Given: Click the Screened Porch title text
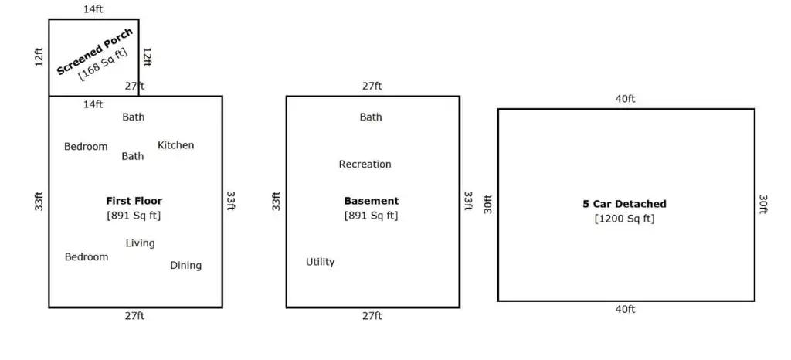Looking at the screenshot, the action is (x=95, y=52).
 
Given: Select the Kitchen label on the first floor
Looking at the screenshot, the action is (x=175, y=145).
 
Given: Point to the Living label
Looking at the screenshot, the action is (x=141, y=243).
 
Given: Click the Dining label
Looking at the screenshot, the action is (x=185, y=265).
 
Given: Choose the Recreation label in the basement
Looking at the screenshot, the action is (x=365, y=164).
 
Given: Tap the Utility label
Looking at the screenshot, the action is (x=321, y=262).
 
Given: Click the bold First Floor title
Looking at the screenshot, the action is (x=134, y=201).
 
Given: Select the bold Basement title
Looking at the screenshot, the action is (x=372, y=201).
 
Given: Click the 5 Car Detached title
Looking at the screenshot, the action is (x=624, y=204).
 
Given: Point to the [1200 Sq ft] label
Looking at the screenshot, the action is (x=624, y=219).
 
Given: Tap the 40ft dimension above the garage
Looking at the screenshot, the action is (x=625, y=99).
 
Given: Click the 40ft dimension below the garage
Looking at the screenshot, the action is (x=625, y=309).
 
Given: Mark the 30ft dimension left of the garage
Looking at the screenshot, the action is (x=488, y=204).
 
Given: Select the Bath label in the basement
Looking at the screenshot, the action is (x=371, y=117).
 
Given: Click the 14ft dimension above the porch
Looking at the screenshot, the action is (x=93, y=9).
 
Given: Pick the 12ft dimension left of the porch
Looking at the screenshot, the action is (x=39, y=57).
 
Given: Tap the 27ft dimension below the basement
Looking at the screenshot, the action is (x=372, y=316).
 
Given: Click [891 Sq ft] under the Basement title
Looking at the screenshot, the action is (x=372, y=216).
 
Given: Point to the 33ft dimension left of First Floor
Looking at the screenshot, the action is (x=39, y=201).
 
